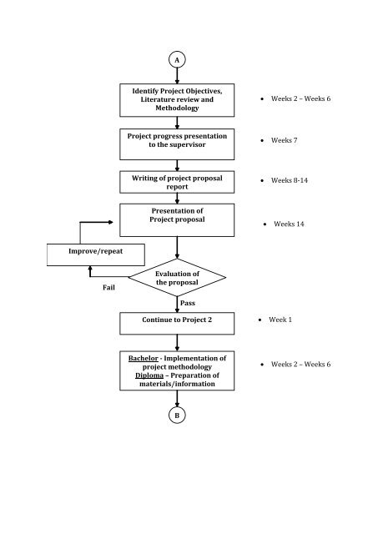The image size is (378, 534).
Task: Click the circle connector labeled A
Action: (x=177, y=60)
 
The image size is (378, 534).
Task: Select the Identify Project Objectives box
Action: (x=177, y=99)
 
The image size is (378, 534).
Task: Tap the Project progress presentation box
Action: (x=177, y=143)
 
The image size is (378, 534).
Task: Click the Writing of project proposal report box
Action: (x=177, y=183)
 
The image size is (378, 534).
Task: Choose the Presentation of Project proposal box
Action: (x=177, y=219)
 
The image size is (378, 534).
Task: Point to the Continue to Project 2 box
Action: (x=177, y=320)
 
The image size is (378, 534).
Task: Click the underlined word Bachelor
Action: (x=143, y=359)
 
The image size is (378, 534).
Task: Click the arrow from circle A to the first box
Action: (x=177, y=76)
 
